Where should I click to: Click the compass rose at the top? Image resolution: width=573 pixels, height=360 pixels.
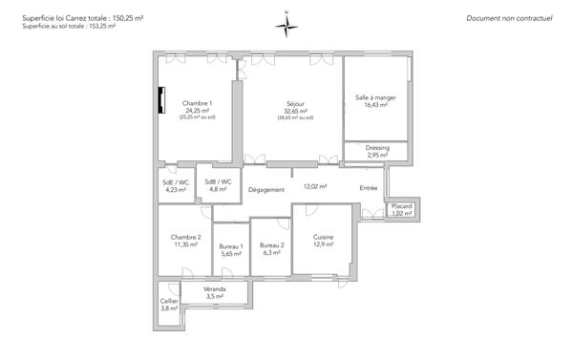286,26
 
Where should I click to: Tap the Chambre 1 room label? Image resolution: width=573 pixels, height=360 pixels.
198,103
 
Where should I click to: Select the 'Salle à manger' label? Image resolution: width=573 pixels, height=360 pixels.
375,97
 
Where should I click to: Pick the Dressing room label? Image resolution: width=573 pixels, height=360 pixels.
377,148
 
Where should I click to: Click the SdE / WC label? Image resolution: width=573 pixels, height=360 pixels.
177,181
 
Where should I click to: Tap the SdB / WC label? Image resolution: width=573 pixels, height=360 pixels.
218,181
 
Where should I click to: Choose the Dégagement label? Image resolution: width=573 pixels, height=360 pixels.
266,190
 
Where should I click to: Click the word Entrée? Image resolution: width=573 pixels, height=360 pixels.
369,188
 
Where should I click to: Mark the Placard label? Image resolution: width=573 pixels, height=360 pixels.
401,206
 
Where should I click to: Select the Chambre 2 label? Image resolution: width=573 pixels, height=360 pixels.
185,237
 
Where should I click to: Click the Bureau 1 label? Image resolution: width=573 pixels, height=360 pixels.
231,247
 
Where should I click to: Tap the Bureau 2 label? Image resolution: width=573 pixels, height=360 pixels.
272,246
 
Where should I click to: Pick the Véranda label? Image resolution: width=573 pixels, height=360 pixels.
215,288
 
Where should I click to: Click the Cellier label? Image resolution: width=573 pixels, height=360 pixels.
169,301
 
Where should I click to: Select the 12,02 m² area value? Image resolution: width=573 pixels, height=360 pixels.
315,187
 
